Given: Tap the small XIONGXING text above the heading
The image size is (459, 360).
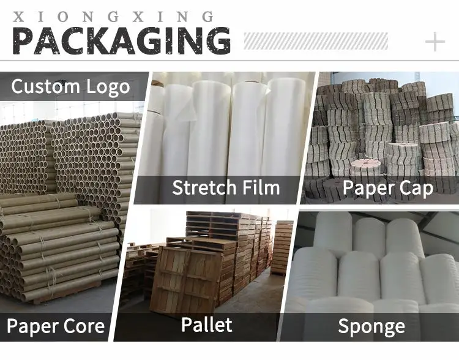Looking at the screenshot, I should tap(114, 17).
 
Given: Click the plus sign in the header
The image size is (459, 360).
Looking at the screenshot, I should tap(435, 42).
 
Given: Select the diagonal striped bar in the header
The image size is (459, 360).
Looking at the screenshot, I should tap(316, 41).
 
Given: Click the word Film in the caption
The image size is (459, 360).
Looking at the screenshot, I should tap(259, 187).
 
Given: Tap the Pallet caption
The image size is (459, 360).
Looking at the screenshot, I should tap(207, 324).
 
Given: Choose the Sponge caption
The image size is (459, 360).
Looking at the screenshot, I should tap(371, 327).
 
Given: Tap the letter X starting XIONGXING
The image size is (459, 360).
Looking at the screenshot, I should tap(18, 17).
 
